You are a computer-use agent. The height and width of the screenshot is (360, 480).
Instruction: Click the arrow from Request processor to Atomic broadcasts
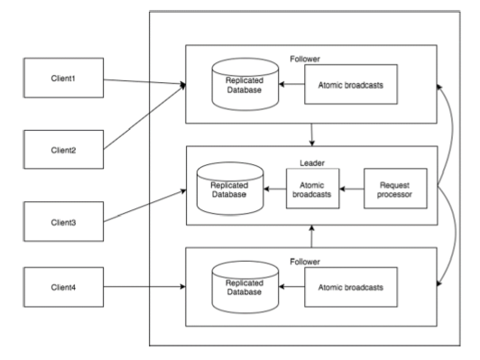351,190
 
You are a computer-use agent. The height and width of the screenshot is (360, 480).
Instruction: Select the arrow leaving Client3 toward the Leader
144,206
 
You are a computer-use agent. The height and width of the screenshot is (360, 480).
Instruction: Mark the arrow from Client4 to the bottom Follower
144,287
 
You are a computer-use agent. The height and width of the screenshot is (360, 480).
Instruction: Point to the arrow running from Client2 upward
144,116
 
